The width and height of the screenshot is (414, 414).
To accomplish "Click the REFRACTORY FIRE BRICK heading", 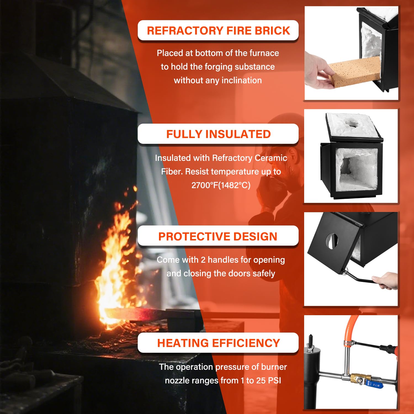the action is pos(218,30).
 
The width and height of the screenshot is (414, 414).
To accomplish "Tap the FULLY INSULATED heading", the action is pos(218,134).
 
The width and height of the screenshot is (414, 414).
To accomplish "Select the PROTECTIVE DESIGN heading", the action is pos(218,237).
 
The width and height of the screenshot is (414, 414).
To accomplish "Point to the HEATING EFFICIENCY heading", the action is pos(218,343).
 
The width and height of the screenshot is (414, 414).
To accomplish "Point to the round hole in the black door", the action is pos(332,241).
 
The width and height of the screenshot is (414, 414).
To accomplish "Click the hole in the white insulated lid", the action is pos(352,123).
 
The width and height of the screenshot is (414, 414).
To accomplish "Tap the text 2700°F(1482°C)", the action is pos(221,185).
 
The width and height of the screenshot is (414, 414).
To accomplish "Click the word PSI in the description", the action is pos(274,380).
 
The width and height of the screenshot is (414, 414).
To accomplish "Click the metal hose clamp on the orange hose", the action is pos(349,344).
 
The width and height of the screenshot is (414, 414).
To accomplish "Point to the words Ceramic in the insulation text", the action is pos(271,158).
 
